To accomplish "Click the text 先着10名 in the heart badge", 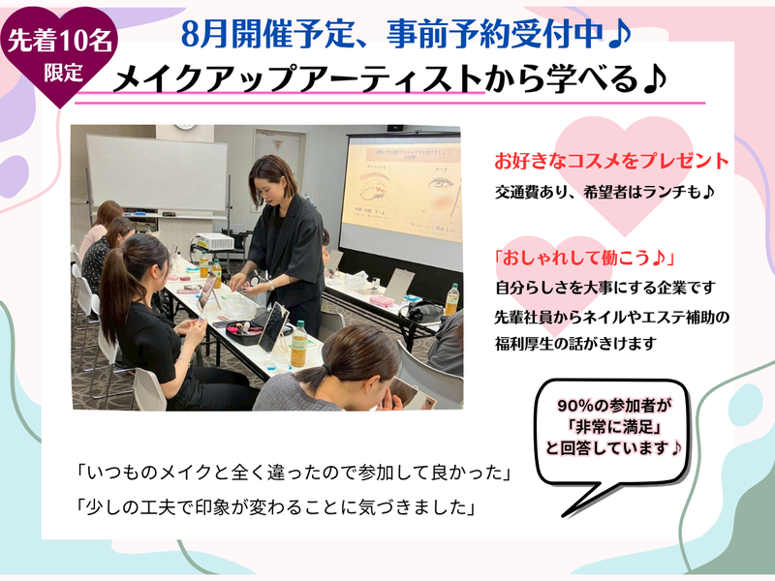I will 55,41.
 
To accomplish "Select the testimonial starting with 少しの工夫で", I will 277,506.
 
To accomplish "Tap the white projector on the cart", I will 212,241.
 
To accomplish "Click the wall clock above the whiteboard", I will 184,127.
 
